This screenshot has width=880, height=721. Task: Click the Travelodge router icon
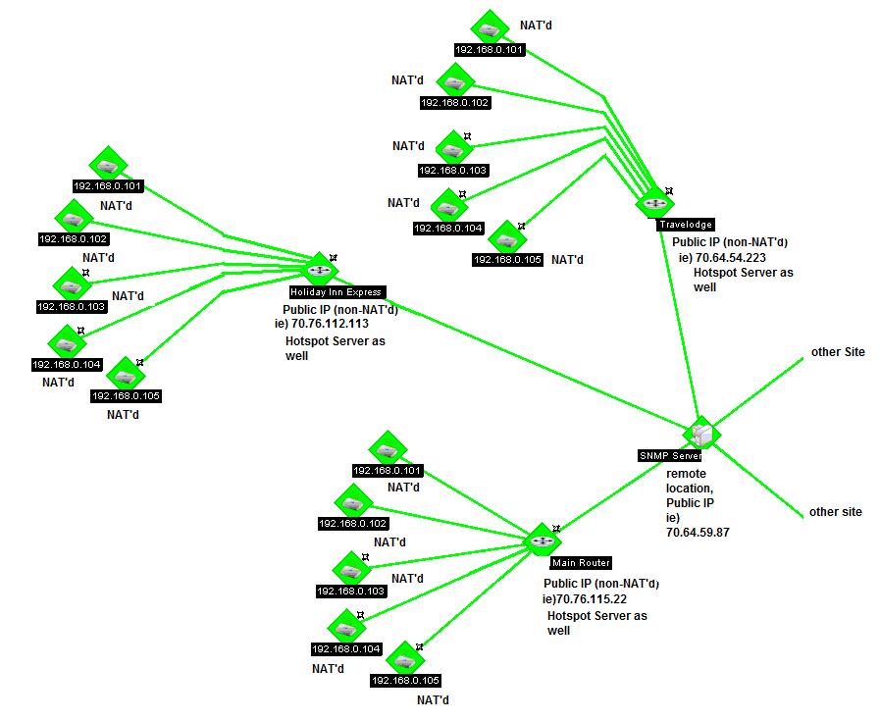point(653,203)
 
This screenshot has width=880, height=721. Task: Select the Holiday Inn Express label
point(336,292)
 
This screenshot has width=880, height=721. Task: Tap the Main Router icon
point(542,541)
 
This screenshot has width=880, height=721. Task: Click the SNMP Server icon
point(701,433)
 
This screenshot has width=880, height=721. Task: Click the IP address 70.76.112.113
point(330,323)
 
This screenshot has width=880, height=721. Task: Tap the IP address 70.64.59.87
point(697,532)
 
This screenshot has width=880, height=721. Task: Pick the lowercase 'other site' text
point(835,512)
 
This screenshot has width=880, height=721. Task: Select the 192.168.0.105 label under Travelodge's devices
point(507,260)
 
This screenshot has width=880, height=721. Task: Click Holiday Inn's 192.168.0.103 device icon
point(71,284)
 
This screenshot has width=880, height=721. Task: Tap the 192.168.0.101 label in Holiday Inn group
point(108,185)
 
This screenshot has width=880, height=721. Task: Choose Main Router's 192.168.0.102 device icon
point(352,502)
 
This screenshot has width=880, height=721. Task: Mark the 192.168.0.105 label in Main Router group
point(405,680)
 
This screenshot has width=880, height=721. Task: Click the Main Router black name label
point(581,563)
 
